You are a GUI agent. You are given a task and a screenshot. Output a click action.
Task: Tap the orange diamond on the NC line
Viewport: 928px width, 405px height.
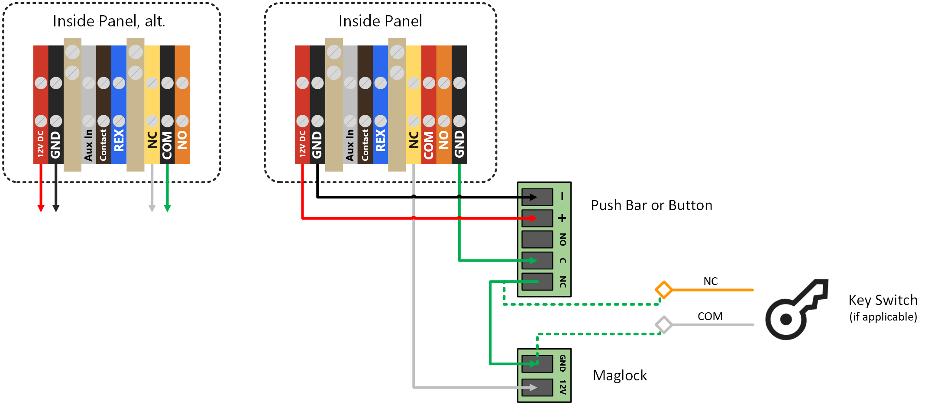click(x=663, y=290)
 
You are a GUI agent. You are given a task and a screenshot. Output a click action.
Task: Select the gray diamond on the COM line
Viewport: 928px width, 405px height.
click(x=663, y=324)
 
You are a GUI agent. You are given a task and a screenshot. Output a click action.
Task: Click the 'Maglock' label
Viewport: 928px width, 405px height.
click(x=620, y=375)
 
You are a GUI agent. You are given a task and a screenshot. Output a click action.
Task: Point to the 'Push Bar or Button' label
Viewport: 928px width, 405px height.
click(x=651, y=205)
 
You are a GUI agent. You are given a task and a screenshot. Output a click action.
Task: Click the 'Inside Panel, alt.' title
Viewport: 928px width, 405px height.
click(x=109, y=21)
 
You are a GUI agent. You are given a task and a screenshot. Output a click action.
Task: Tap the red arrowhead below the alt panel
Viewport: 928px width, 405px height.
click(x=41, y=208)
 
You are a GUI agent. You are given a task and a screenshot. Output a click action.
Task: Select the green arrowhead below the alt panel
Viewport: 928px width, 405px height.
click(x=167, y=208)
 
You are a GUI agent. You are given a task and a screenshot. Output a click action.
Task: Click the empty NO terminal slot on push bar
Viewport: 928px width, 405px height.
click(x=537, y=239)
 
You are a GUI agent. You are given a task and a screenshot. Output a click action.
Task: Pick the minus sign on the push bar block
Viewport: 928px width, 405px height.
click(x=562, y=197)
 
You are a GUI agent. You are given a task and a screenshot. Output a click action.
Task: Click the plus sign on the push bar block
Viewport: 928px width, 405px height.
click(x=562, y=218)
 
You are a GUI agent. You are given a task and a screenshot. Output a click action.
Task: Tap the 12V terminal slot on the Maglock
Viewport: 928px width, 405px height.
click(x=537, y=387)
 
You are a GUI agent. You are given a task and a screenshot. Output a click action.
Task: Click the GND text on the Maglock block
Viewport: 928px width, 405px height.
click(x=563, y=363)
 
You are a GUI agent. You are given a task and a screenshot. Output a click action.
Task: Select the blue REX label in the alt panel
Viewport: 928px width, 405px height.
click(x=119, y=140)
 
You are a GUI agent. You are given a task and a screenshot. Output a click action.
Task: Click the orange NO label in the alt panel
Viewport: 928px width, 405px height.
click(x=182, y=140)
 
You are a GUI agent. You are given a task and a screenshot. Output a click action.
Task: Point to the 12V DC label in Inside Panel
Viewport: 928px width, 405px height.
click(x=302, y=144)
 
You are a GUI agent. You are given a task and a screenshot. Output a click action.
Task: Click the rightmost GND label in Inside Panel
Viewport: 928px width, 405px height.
click(x=459, y=144)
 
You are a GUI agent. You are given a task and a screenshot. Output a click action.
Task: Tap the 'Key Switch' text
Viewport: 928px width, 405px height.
click(x=883, y=300)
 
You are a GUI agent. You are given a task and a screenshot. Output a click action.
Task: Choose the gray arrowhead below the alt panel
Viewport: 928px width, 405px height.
click(x=152, y=208)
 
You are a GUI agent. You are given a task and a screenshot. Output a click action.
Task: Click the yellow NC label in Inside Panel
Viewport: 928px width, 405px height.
click(x=414, y=140)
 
